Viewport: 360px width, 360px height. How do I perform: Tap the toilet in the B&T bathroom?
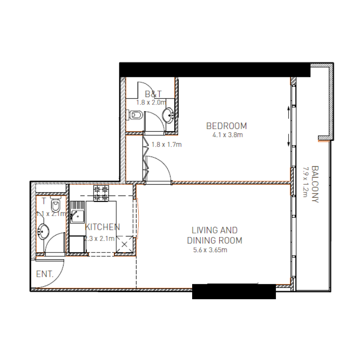(x=135, y=116)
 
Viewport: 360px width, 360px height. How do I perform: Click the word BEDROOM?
(x=227, y=126)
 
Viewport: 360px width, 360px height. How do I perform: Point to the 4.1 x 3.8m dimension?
(x=227, y=135)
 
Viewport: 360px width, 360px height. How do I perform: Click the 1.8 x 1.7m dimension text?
(x=166, y=145)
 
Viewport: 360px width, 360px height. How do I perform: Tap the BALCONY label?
(x=315, y=184)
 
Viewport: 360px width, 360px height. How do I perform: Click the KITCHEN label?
(x=103, y=227)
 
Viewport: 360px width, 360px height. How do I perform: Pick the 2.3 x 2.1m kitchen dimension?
(x=99, y=238)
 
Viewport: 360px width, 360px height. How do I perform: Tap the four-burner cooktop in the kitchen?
(x=101, y=194)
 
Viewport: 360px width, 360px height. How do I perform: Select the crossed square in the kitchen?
(x=124, y=245)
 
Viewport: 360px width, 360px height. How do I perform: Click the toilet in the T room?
(x=55, y=206)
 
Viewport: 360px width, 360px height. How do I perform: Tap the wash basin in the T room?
(x=44, y=232)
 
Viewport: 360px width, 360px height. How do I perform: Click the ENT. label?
(x=45, y=274)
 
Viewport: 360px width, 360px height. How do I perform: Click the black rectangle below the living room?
(x=234, y=292)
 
